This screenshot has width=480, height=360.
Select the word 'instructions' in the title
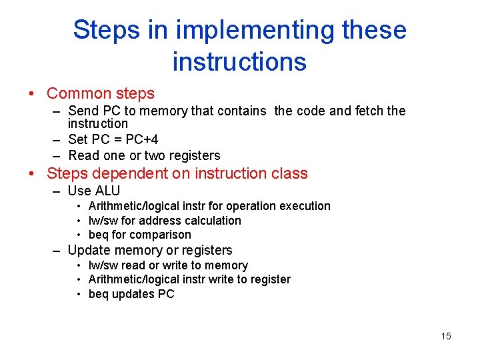point(239,62)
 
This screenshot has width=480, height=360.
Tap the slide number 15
point(445,336)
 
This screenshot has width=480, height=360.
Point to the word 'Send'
point(83,111)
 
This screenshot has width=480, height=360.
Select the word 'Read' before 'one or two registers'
point(83,155)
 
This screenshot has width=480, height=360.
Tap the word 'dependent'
point(135,174)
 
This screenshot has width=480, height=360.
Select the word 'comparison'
point(160,235)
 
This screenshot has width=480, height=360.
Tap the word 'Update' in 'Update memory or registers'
point(88,251)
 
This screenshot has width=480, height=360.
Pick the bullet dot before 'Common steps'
point(31,94)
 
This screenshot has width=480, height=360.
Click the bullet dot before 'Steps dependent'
point(31,174)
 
